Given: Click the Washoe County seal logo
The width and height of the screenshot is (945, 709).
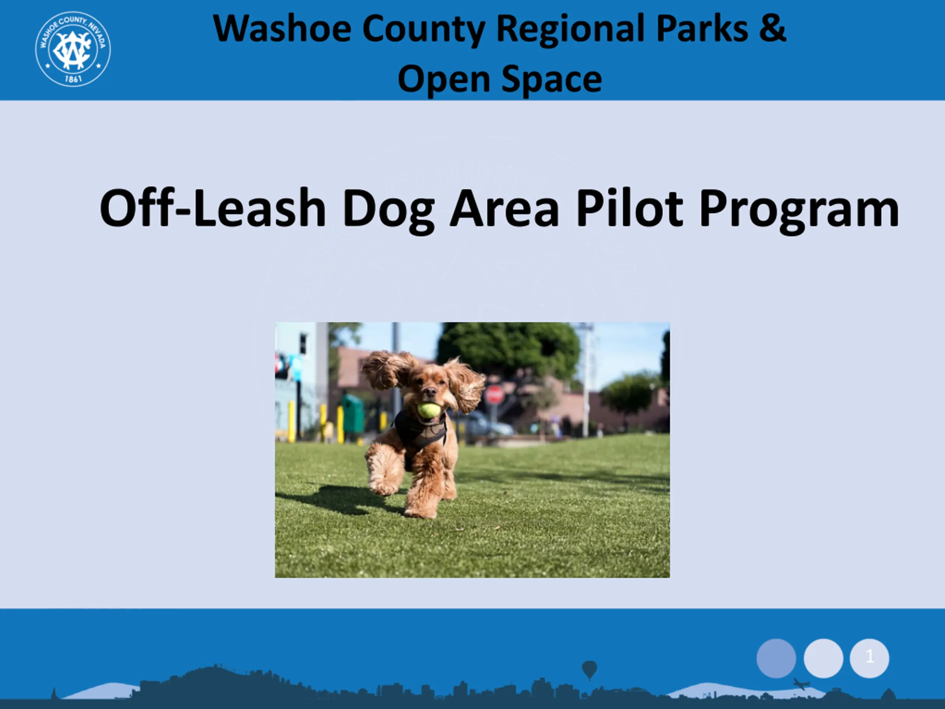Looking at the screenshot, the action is tap(73, 49).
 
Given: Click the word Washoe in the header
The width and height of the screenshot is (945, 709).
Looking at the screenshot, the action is tap(282, 29).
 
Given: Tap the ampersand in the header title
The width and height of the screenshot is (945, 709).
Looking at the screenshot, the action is tap(772, 28).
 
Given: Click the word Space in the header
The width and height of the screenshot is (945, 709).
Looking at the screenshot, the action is tap(551, 80).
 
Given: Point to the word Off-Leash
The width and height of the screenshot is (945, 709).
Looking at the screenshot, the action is tap(213, 208).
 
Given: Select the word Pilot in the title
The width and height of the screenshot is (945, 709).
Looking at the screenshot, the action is tap(630, 208).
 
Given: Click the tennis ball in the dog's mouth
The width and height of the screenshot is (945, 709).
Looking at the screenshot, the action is tap(429, 410).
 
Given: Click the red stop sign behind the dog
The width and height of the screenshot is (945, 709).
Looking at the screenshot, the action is tap(495, 395).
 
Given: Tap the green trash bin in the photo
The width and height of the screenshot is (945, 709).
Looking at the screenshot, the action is tap(353, 414).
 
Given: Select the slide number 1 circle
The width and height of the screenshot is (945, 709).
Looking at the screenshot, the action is tap(869, 658).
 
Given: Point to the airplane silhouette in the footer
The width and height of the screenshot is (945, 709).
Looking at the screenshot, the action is tap(801, 684).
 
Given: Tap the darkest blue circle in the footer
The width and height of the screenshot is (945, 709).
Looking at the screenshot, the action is tap(776, 658).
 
